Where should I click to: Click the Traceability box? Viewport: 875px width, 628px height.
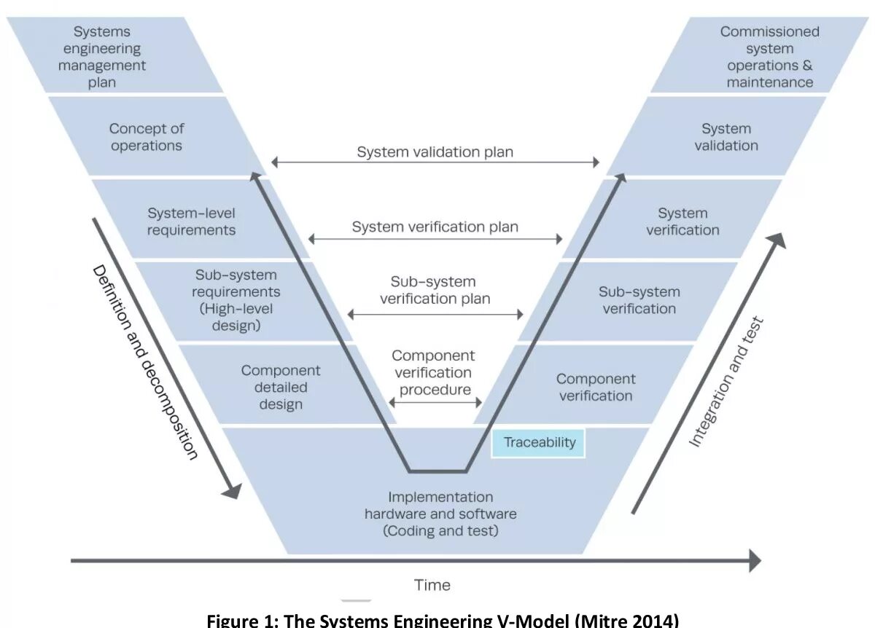click(539, 442)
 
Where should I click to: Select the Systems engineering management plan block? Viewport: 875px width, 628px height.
click(102, 56)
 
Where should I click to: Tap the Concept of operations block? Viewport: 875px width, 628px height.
click(147, 137)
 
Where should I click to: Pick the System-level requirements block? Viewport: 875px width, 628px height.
click(192, 221)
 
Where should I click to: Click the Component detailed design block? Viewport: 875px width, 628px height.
click(281, 386)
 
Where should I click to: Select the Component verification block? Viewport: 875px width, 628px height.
click(595, 387)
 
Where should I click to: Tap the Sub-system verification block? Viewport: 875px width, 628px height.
click(639, 300)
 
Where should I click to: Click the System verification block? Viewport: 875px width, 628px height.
click(682, 221)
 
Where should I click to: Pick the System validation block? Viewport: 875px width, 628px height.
click(726, 137)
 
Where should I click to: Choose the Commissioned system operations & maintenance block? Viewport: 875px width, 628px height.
click(769, 56)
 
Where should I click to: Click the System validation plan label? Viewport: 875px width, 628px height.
click(435, 152)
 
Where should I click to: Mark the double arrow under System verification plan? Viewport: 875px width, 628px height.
click(435, 239)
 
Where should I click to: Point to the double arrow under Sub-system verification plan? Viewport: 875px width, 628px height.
click(435, 315)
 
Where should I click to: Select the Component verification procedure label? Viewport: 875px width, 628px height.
click(434, 372)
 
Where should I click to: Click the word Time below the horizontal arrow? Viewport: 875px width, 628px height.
click(432, 585)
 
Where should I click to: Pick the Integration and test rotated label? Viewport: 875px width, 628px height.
click(726, 381)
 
